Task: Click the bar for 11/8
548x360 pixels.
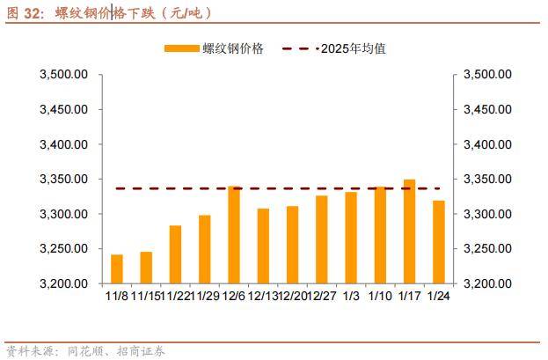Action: tap(117, 268)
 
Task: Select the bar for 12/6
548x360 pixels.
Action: tap(234, 235)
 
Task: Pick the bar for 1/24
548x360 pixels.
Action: tap(438, 242)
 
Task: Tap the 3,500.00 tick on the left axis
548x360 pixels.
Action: tap(64, 75)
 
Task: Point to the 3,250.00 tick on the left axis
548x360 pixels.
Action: tap(64, 249)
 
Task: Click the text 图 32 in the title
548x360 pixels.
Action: tap(23, 12)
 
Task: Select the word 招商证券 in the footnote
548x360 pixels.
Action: tap(141, 350)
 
